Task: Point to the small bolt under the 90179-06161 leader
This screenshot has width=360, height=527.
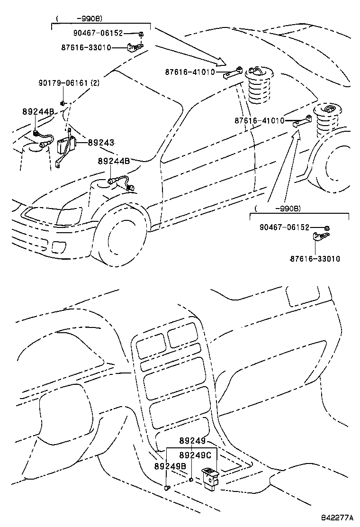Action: point(63,103)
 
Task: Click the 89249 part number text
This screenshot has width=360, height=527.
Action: point(192,441)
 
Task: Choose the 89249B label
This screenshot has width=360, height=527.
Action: point(170,466)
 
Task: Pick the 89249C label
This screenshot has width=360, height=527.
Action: point(195,455)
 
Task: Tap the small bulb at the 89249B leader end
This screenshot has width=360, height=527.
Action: point(166,487)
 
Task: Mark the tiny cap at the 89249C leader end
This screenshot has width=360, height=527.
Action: point(190,480)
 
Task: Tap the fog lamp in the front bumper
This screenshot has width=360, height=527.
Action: point(59,247)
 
